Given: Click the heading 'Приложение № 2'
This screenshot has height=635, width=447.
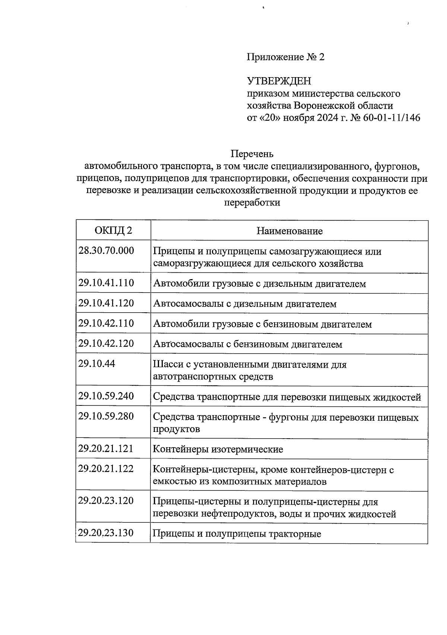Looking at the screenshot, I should coord(286,57).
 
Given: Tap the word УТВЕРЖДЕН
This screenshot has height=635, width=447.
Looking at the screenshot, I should coord(279,81).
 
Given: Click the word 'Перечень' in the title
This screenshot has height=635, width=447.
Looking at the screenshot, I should coord(252,154).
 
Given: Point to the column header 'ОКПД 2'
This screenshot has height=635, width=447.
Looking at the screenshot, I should coord(113,230).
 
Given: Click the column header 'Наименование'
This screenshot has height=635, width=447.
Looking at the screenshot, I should coord(289,231).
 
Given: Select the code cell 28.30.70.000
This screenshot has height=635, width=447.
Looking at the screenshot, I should coord(106,250).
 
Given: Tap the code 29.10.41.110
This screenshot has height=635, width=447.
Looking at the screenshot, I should coord(106,283).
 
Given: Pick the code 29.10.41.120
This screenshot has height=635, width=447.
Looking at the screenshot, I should coord(106,303).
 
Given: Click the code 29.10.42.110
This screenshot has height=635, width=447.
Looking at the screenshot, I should coord(106,323).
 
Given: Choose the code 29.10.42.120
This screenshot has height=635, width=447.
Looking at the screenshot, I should coord(106,343).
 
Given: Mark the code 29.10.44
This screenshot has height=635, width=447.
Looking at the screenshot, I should coord(97,363).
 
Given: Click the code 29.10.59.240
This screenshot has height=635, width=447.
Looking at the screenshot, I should coord(106,396).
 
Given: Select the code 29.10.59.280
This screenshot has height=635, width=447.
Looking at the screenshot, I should coord(106,416).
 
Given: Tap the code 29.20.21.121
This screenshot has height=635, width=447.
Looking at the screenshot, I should coord(106,448).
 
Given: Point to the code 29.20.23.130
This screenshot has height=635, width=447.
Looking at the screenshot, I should coord(106,533).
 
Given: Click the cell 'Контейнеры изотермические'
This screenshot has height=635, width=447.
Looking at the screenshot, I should coord(218,449).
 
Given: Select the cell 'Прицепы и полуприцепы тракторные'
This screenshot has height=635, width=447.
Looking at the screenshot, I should coord(237,534).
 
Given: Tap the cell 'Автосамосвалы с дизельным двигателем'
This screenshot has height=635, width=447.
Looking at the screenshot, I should coord(245,304).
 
